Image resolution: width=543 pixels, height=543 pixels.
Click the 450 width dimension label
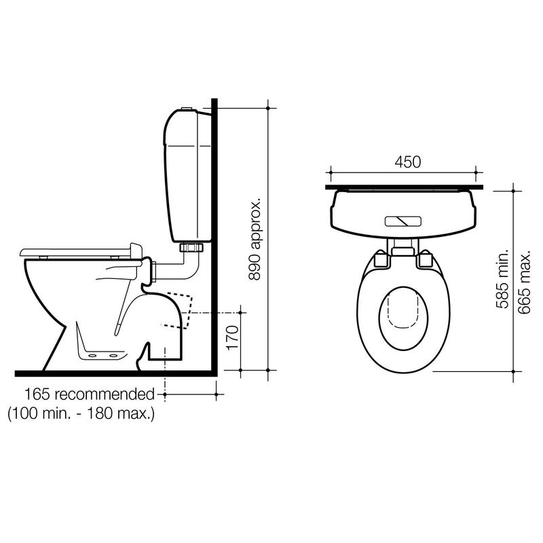(408, 162)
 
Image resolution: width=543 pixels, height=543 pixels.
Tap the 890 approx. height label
(255, 239)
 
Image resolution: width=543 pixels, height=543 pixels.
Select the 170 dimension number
(233, 337)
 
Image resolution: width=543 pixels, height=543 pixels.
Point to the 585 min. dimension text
(502, 279)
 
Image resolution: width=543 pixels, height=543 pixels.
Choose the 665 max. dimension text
(523, 282)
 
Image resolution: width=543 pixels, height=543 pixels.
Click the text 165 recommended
(90, 394)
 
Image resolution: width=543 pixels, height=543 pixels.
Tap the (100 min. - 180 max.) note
(81, 413)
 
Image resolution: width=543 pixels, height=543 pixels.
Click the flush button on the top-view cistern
(403, 221)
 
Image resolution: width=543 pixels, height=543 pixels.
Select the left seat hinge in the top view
(382, 260)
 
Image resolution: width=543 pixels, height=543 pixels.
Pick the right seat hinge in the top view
(424, 260)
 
